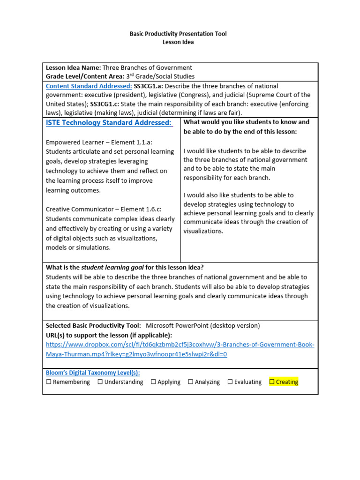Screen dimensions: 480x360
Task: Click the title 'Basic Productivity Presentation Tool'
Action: pos(178,34)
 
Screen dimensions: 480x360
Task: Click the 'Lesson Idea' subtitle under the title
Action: pos(178,42)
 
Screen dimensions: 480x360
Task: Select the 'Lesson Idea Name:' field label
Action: pos(73,67)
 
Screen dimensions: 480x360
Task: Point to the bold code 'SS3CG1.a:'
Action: pos(149,86)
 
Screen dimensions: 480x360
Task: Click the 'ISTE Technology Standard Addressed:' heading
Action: pos(109,123)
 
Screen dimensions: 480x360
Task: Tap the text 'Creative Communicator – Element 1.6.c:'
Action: pos(105,209)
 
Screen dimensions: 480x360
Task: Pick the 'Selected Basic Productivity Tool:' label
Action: pos(93,325)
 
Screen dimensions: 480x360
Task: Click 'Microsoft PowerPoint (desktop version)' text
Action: pos(203,325)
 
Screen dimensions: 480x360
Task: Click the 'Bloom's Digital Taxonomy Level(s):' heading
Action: pos(93,373)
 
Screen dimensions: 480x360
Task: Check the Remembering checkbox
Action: pos(49,382)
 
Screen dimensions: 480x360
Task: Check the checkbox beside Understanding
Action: pos(100,382)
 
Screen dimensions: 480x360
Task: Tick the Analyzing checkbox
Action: pos(191,382)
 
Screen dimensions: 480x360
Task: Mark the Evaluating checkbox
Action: pos(230,382)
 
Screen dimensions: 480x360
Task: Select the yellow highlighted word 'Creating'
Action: pos(287,382)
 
